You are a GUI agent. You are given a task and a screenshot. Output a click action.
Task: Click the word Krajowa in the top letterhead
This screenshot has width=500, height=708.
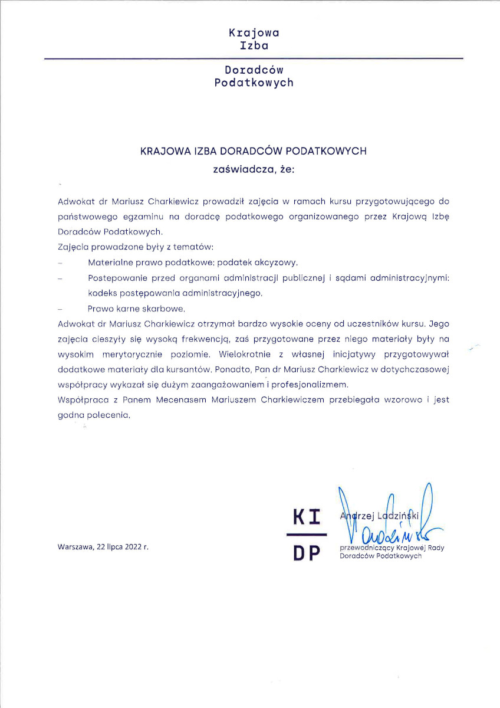[254, 33]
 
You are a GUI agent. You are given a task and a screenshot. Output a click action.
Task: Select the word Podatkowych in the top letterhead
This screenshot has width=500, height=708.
[254, 83]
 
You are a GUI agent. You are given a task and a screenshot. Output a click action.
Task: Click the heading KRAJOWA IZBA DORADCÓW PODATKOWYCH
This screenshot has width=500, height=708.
[254, 151]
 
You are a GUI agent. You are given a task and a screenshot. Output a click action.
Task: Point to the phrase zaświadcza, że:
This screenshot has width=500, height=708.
[254, 170]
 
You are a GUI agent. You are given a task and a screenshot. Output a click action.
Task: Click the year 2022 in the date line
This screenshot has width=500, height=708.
[131, 547]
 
